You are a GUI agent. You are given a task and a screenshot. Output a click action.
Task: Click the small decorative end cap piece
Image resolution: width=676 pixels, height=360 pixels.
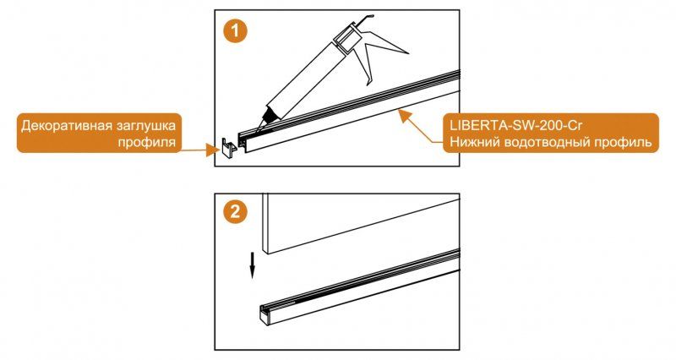click(227, 149)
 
